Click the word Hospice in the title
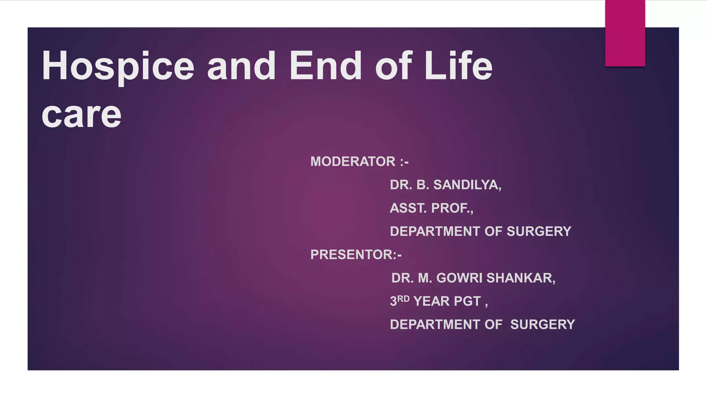tap(118, 66)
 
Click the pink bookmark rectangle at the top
tap(625, 33)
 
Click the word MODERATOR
tap(352, 162)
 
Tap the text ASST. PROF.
tap(431, 208)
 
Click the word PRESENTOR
tap(351, 255)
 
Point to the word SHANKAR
tap(521, 278)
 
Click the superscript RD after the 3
tap(403, 299)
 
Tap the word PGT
tap(467, 301)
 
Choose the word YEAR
tap(430, 301)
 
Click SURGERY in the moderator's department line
tap(539, 231)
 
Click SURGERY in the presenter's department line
tap(542, 324)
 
